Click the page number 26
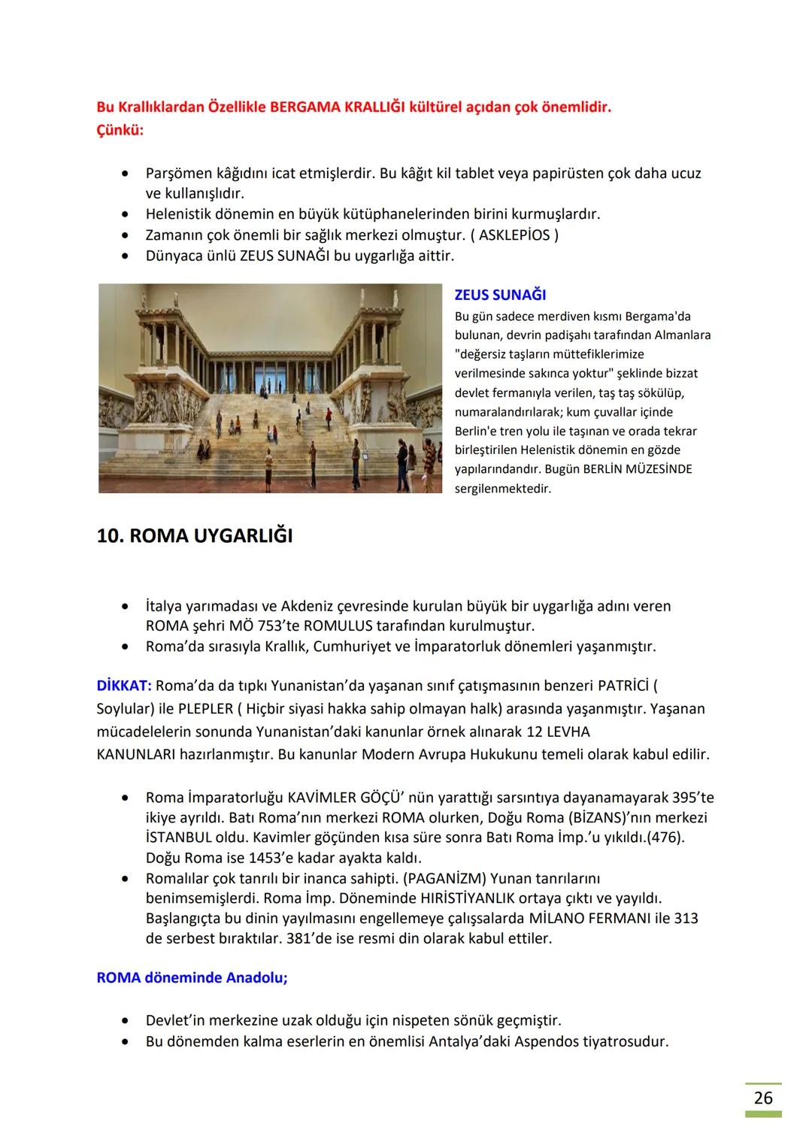click(x=762, y=1098)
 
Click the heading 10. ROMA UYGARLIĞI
click(x=195, y=536)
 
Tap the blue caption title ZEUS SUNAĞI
click(x=500, y=295)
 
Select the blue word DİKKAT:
click(x=124, y=686)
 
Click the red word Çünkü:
click(x=120, y=130)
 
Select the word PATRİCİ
click(x=623, y=686)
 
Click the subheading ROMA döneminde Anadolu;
click(x=192, y=978)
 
